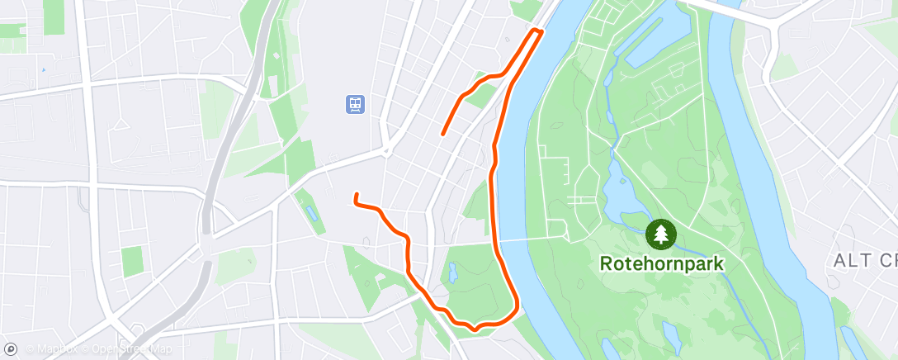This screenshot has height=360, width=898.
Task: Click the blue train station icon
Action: [355, 105]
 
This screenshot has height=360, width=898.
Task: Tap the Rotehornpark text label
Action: [661, 264]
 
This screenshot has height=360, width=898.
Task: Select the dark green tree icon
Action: [660, 234]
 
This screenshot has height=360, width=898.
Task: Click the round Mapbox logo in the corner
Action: [11, 349]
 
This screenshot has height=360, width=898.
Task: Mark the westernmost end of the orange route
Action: [356, 195]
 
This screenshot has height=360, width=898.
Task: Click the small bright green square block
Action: [132, 261]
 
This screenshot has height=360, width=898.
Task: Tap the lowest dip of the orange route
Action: [475, 329]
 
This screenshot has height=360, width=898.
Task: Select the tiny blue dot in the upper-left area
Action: [43, 70]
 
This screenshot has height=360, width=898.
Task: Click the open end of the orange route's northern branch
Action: [444, 133]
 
